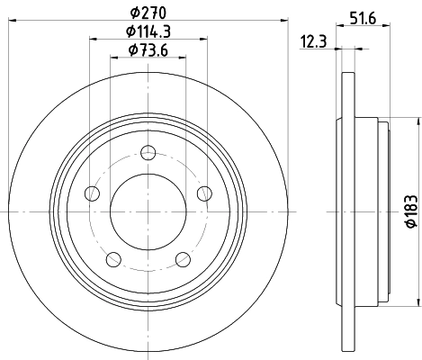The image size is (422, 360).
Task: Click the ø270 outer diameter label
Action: [148, 13]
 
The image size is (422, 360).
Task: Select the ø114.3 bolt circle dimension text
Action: [148, 32]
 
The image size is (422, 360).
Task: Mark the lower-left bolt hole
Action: [112, 259]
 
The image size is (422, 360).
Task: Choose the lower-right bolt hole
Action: [183, 259]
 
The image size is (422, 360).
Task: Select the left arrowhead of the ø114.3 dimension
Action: [94, 40]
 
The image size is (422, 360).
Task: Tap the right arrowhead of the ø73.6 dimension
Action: [181, 58]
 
